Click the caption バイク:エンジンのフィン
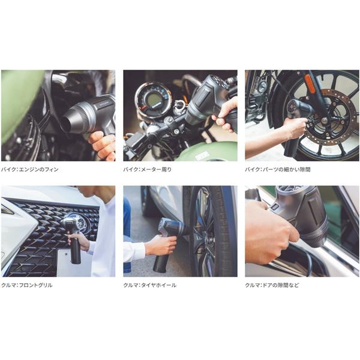click(30, 170)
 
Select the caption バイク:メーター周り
click(148, 170)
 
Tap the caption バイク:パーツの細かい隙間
click(278, 170)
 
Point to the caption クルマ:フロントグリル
click(27, 286)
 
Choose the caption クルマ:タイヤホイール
click(150, 286)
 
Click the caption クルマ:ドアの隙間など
click(272, 286)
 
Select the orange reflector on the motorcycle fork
click(309, 81)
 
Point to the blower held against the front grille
click(76, 236)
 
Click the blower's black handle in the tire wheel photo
click(161, 262)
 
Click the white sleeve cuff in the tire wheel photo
click(135, 251)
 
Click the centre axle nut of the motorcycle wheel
click(324, 119)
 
